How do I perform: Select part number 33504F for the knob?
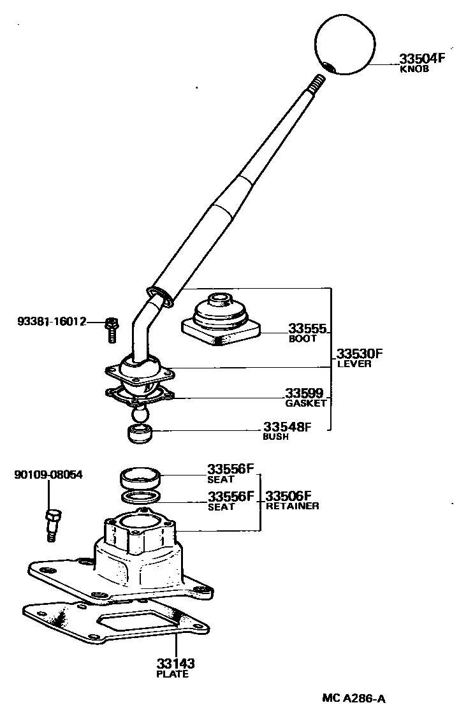click(421, 59)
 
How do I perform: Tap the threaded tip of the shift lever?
click(317, 84)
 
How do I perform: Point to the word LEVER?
click(354, 364)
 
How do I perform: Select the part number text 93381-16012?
click(52, 322)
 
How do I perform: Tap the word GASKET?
click(305, 403)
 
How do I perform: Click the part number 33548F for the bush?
click(287, 427)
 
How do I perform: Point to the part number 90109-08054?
click(48, 475)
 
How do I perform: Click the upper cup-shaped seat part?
click(140, 477)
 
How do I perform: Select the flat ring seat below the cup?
click(139, 497)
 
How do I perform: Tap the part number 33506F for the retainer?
click(288, 496)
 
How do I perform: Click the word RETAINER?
click(292, 506)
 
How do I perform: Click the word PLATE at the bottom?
click(172, 674)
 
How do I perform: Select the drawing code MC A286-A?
click(353, 698)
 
